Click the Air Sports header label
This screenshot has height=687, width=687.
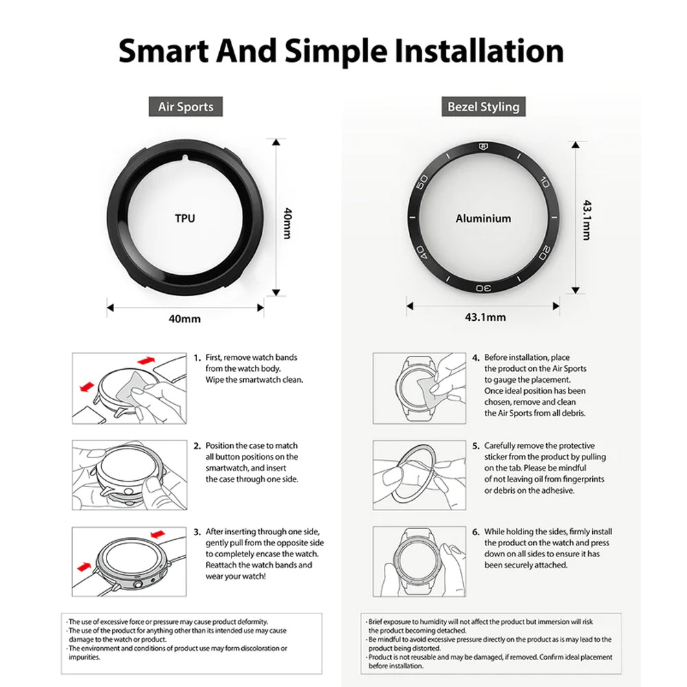[185, 106]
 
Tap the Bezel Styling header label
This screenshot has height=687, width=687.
[483, 106]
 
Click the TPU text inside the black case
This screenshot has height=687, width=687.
[185, 218]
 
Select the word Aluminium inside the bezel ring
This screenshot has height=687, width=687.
[483, 218]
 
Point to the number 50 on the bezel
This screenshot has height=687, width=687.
[423, 182]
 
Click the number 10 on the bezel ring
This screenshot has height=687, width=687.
[545, 181]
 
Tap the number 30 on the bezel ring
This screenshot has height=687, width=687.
[483, 288]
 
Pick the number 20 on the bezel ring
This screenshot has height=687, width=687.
[545, 253]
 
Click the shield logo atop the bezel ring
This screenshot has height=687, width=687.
[484, 147]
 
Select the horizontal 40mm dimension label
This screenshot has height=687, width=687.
[184, 319]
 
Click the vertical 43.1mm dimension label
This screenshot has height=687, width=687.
[587, 220]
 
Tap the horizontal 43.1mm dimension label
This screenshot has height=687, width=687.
[486, 317]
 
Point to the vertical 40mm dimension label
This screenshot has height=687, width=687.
[288, 223]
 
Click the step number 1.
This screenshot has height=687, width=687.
[196, 358]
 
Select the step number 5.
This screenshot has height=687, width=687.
[476, 446]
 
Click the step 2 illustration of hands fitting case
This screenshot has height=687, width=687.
[129, 475]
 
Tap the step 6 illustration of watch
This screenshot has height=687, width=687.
[419, 562]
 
